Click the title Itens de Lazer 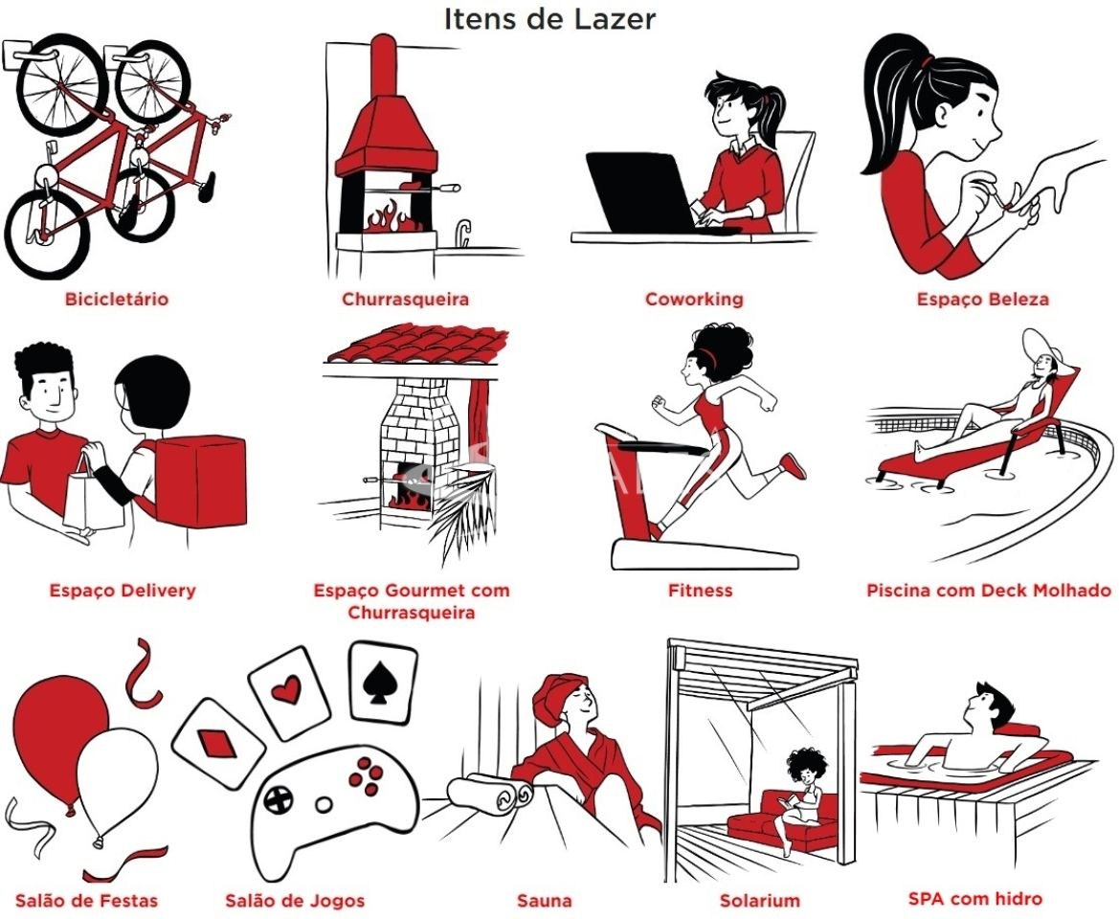[549, 18]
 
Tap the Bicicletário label [117, 299]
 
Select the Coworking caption [694, 299]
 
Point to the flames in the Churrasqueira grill [390, 217]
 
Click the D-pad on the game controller [279, 798]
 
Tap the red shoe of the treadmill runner [794, 465]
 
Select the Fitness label [700, 590]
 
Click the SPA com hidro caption [974, 898]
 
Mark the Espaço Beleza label [983, 299]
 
